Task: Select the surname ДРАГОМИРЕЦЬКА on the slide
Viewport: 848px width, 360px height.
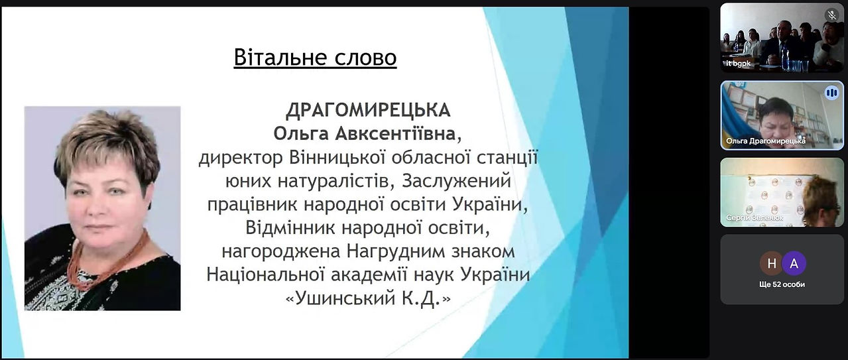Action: pyautogui.click(x=368, y=110)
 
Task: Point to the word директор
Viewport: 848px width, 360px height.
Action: pyautogui.click(x=241, y=158)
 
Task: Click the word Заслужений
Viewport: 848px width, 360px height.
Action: pyautogui.click(x=457, y=181)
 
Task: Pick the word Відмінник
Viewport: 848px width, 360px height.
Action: pyautogui.click(x=290, y=227)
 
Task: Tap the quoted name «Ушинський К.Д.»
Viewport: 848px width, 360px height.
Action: pyautogui.click(x=368, y=299)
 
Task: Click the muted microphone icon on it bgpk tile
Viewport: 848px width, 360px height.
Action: pyautogui.click(x=831, y=15)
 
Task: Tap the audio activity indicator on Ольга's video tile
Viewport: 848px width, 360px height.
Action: pyautogui.click(x=831, y=93)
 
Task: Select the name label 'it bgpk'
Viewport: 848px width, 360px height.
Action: pyautogui.click(x=738, y=64)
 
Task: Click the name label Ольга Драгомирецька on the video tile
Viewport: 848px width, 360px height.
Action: pyautogui.click(x=766, y=141)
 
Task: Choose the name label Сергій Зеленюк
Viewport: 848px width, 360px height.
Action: pyautogui.click(x=755, y=218)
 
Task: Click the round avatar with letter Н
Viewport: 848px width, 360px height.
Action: pyautogui.click(x=772, y=263)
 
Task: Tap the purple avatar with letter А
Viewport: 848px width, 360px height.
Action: pyautogui.click(x=794, y=263)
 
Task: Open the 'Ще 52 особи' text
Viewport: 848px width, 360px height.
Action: pyautogui.click(x=782, y=284)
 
